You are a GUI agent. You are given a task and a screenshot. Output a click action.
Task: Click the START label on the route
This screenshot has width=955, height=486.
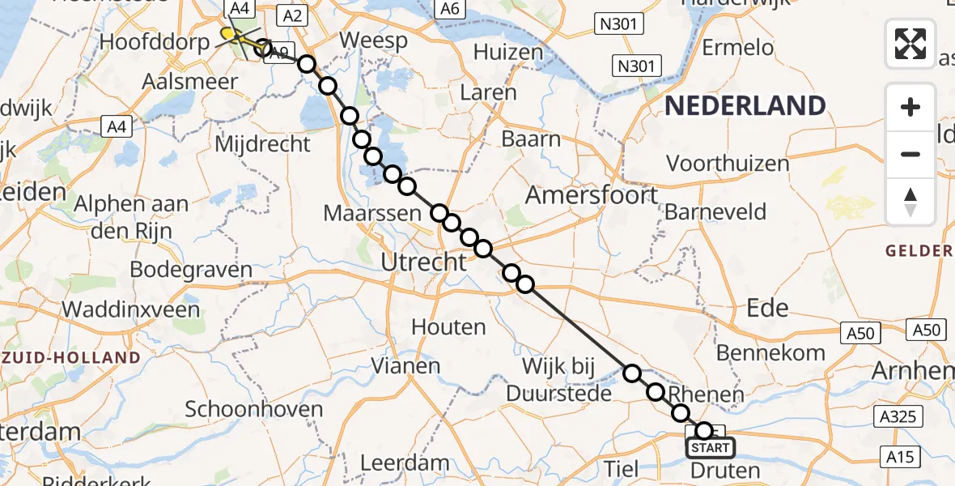click(711, 448)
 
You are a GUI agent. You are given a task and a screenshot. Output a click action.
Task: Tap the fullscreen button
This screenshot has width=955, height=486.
click(910, 43)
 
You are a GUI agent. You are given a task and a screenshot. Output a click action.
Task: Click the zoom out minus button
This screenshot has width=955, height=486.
click(910, 154)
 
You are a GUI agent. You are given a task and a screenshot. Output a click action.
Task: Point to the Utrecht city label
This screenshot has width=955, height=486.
click(424, 262)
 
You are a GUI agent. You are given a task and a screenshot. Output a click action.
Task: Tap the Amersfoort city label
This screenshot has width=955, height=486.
click(592, 195)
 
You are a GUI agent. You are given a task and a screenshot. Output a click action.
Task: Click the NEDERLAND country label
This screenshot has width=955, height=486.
click(746, 106)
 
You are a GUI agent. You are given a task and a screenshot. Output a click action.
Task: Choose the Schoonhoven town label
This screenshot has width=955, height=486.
click(254, 409)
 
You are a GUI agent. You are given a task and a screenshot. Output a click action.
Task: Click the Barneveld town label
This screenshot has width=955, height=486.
click(715, 213)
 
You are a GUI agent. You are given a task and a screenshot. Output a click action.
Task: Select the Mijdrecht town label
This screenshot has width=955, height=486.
click(263, 144)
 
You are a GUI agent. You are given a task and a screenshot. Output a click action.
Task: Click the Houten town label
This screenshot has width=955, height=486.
click(449, 327)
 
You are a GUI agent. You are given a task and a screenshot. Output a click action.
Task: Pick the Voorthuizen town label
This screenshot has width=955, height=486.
click(728, 164)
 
